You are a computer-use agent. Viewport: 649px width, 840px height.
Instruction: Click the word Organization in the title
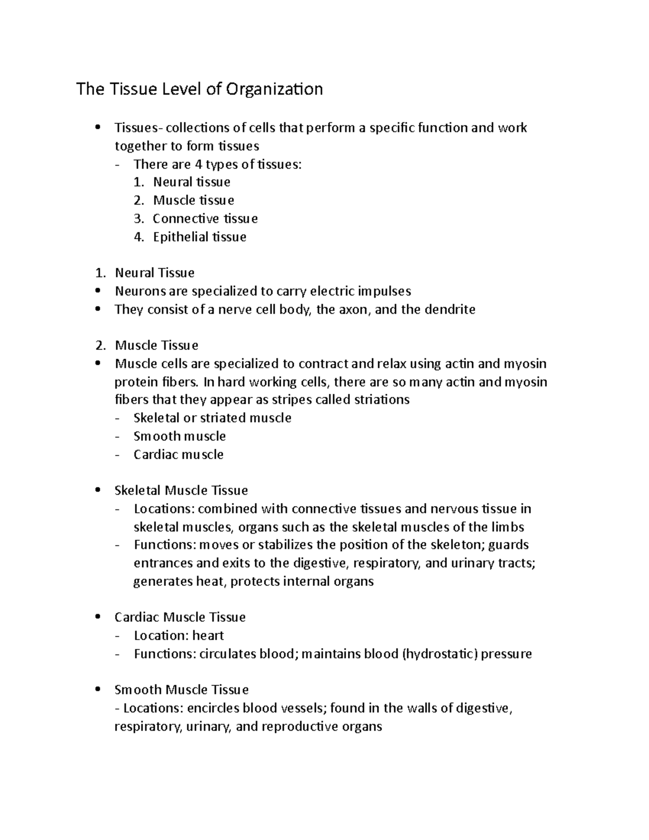coord(274,89)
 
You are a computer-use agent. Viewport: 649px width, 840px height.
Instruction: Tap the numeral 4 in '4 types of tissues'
coord(198,164)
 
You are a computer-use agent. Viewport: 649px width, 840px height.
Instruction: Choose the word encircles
coord(214,707)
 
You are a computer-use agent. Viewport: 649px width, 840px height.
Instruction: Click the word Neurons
coord(140,291)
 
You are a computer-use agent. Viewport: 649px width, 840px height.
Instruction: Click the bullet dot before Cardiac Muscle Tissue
coord(97,617)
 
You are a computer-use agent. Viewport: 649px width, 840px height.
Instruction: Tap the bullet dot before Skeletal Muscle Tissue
coord(97,490)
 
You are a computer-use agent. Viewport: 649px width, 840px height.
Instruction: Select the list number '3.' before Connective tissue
coord(139,219)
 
